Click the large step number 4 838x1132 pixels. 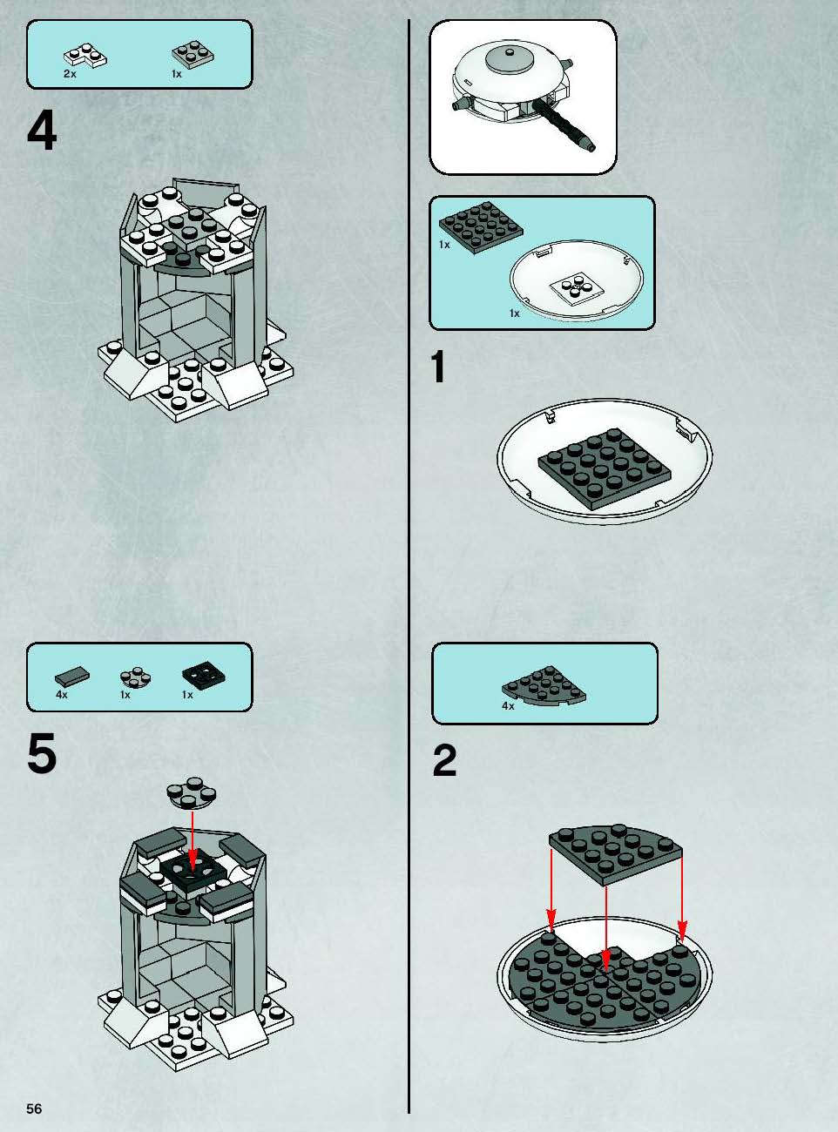(x=42, y=131)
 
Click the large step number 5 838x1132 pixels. (x=42, y=753)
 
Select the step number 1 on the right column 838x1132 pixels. (x=438, y=367)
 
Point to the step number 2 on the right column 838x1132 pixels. (x=444, y=761)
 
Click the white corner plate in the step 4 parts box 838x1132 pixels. (x=85, y=56)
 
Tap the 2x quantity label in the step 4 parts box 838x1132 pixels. (x=70, y=74)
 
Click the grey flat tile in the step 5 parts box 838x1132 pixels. (x=72, y=677)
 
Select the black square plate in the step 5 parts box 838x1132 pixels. (x=204, y=675)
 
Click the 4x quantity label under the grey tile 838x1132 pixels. (x=61, y=695)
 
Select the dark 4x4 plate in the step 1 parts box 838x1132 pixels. (x=481, y=227)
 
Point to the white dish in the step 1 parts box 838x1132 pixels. (x=577, y=280)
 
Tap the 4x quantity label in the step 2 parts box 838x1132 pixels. (x=508, y=706)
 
